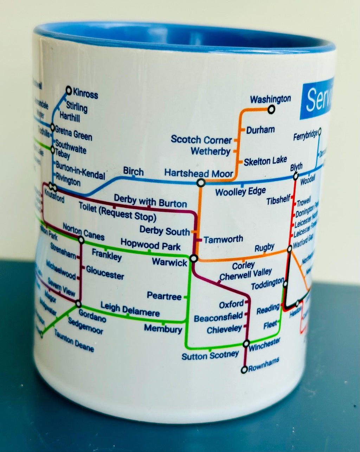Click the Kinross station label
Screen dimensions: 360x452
pyautogui.click(x=85, y=94)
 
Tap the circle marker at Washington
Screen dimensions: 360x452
pyautogui.click(x=271, y=110)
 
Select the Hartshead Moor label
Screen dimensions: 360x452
pyautogui.click(x=199, y=173)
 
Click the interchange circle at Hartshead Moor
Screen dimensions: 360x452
pyautogui.click(x=201, y=183)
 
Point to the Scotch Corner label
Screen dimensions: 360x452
pyautogui.click(x=201, y=140)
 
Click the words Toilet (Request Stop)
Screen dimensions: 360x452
pyautogui.click(x=117, y=212)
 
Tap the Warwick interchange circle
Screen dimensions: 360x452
pyautogui.click(x=193, y=259)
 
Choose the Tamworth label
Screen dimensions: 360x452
pyautogui.click(x=223, y=240)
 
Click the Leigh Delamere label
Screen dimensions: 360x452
pyautogui.click(x=130, y=309)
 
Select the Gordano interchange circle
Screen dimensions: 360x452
pyautogui.click(x=78, y=304)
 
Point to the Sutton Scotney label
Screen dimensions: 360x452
pyautogui.click(x=210, y=356)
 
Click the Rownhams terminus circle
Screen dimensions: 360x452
pyautogui.click(x=244, y=370)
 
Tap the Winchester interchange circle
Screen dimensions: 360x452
pyautogui.click(x=246, y=343)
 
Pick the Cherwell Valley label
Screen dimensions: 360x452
pyautogui.click(x=246, y=274)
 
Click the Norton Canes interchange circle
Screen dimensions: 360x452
pyautogui.click(x=81, y=240)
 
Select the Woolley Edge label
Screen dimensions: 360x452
pyautogui.click(x=240, y=192)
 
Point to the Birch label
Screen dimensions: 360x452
pyautogui.click(x=133, y=172)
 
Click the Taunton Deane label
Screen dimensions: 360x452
pyautogui.click(x=74, y=341)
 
